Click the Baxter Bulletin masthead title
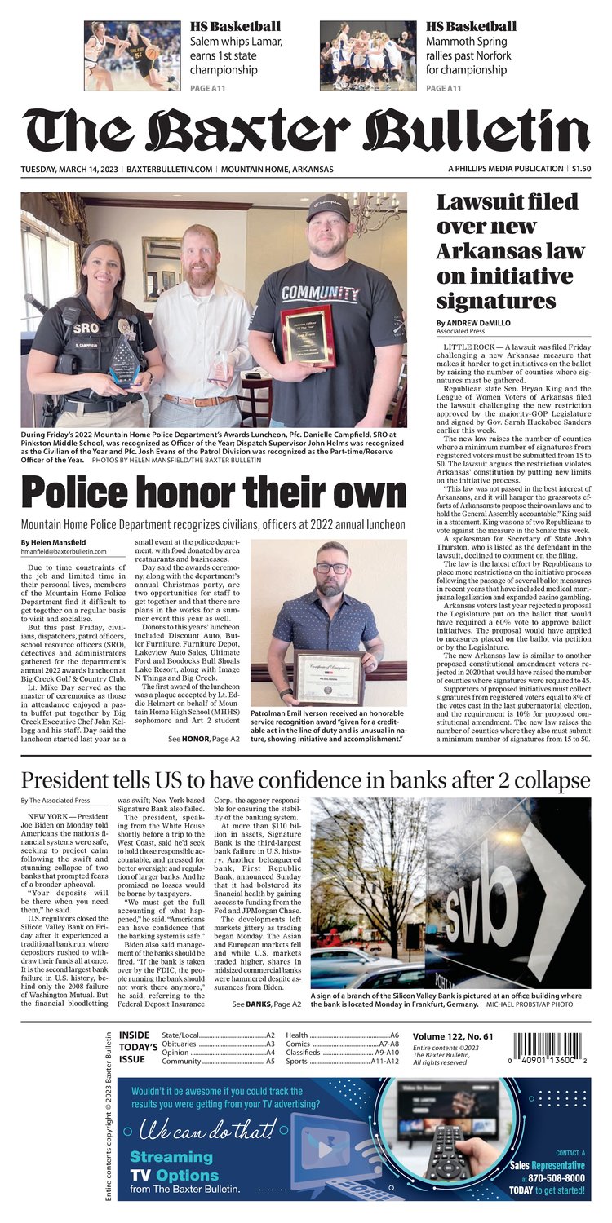pos(305,130)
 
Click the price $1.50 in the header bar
pos(581,169)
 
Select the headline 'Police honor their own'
pos(213,493)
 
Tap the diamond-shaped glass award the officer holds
pos(126,360)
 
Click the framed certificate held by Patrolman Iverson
pos(329,677)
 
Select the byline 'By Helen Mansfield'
pos(52,542)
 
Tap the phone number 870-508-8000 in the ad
pos(557,1177)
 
